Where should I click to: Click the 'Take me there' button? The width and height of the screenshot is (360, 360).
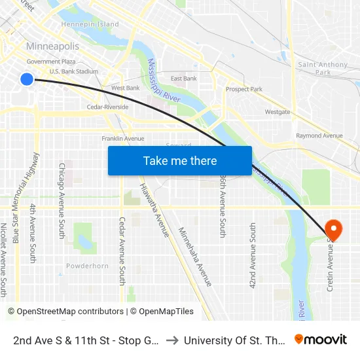180,161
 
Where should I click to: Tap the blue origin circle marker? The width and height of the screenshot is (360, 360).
27,79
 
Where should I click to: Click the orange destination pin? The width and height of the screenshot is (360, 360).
333,229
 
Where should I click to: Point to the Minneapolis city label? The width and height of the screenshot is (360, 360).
52,46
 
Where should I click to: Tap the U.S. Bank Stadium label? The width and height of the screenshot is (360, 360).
74,71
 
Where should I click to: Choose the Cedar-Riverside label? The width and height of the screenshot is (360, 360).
107,107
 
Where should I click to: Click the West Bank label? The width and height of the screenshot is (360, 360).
125,88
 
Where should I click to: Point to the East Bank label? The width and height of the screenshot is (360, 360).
184,79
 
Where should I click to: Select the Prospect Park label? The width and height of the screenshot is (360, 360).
243,89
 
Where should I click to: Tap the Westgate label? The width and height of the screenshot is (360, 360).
277,112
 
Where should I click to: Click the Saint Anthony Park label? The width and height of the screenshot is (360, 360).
323,68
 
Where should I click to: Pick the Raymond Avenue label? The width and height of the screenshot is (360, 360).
319,135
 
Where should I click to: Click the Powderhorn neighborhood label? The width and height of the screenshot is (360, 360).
87,266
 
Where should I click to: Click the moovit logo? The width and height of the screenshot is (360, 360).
321,340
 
